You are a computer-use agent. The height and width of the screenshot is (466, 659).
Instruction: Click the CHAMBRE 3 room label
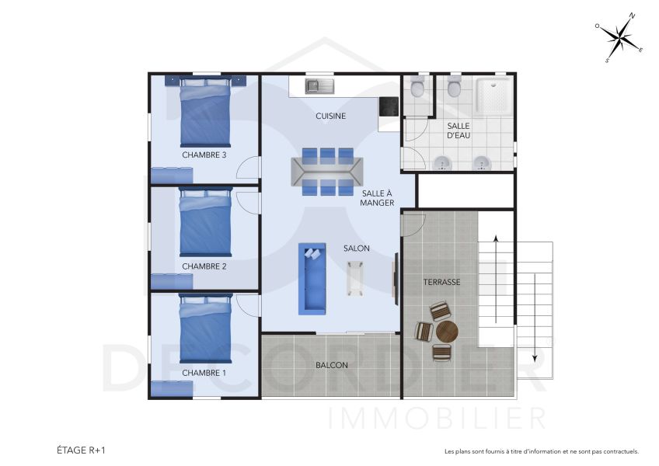tap(204, 155)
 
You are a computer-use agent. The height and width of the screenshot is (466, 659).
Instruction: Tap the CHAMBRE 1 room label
tap(204, 373)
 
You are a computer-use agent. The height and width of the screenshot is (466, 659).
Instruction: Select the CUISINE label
tap(330, 116)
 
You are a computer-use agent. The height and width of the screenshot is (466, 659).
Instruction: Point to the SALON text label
tap(357, 249)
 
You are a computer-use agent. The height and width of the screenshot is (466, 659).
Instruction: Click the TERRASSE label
tap(441, 283)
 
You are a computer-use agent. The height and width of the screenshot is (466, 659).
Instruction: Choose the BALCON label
tap(331, 365)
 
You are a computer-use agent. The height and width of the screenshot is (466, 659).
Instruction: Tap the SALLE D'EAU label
tap(458, 130)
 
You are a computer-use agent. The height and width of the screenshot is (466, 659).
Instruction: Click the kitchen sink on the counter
tap(318, 85)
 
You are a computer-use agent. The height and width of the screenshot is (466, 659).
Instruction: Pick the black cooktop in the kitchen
tap(388, 106)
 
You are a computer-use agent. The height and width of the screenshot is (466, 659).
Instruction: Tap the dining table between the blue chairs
tap(326, 171)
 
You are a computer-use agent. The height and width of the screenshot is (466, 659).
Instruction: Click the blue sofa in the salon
tap(312, 278)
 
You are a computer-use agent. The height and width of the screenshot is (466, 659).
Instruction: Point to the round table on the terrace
tap(447, 332)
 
